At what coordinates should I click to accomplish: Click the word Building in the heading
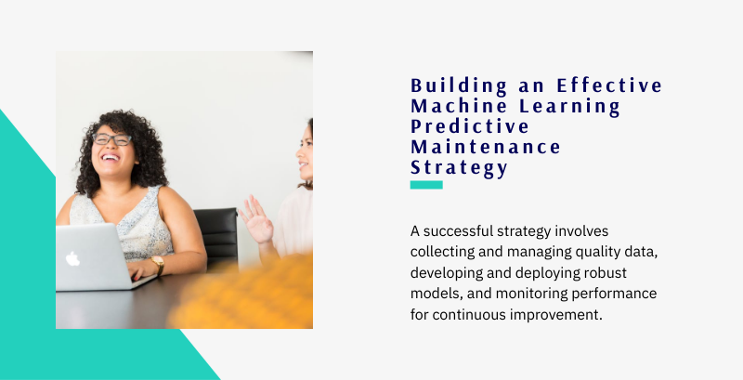coord(459,86)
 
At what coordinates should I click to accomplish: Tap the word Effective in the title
coord(609,85)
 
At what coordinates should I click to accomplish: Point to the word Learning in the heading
coord(569,107)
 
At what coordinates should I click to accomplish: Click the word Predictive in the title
coord(470,126)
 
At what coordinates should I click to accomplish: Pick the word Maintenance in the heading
coord(485,147)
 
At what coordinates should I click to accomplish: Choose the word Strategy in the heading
coord(459,168)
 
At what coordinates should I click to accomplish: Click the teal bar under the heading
coord(426,185)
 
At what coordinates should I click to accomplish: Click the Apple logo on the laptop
coord(72,258)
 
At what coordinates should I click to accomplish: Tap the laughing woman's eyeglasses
coord(111,138)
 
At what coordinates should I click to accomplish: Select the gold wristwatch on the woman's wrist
coord(158,265)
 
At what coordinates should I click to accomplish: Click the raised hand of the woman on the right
coord(256,220)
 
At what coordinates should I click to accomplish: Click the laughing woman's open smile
coord(110,157)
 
